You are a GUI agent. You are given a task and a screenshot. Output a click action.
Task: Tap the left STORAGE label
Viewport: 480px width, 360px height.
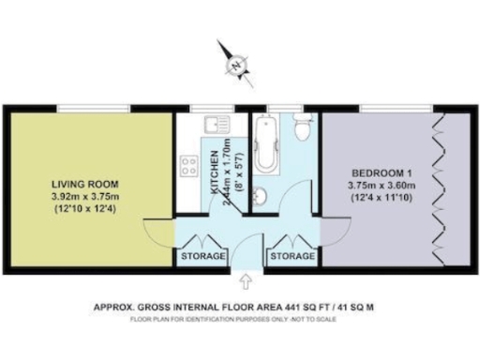click(202, 256)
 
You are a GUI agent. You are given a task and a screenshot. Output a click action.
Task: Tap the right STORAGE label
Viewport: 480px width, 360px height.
click(291, 256)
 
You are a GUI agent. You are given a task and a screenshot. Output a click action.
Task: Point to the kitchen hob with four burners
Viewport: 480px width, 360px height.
click(188, 166)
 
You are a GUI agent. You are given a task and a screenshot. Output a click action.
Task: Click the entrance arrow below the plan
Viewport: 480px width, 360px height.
click(247, 280)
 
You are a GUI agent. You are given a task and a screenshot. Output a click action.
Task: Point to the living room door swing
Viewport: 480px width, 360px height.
click(157, 230)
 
